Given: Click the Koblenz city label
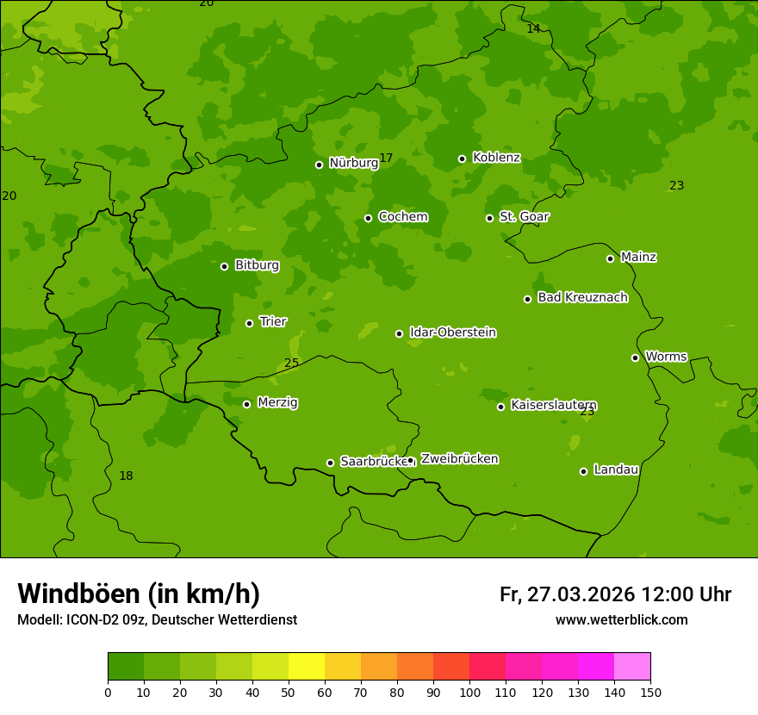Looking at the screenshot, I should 496,158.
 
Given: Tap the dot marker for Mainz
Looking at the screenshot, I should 610,258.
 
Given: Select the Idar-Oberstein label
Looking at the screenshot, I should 452,333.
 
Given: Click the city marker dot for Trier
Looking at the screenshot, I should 250,323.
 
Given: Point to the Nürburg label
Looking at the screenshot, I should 353,163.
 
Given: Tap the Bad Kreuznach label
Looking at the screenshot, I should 582,297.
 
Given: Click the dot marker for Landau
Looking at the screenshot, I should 583,471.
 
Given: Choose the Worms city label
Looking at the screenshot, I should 666,357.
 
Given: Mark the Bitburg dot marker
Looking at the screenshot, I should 224,266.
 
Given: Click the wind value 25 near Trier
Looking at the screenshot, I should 291,363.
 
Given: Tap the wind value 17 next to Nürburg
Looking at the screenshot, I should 386,158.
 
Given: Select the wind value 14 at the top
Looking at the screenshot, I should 533,28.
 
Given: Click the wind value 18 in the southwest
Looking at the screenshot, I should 126,476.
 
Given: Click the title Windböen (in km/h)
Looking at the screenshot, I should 139,594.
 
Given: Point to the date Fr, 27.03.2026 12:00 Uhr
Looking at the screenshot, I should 615,594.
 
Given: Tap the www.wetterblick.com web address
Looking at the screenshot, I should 621,620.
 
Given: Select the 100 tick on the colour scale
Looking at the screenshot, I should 469,691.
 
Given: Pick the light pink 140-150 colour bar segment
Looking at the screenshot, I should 632,667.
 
